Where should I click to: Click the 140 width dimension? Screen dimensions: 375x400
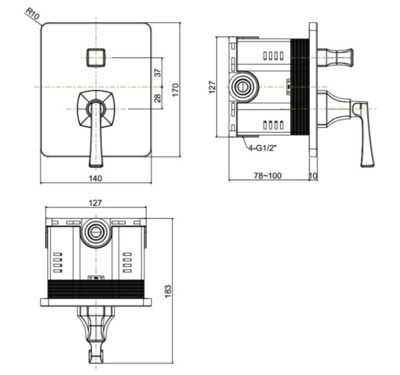click(96, 178)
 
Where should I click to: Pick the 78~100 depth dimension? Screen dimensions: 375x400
click(268, 176)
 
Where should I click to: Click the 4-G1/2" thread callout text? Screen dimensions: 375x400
click(262, 148)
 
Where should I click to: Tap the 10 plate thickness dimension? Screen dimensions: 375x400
click(313, 176)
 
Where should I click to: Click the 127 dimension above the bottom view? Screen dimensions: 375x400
click(96, 203)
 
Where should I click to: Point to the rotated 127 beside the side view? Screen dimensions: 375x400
click(213, 86)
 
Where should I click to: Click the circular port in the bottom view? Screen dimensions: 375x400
click(96, 231)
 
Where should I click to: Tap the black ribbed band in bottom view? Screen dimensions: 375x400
click(96, 289)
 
